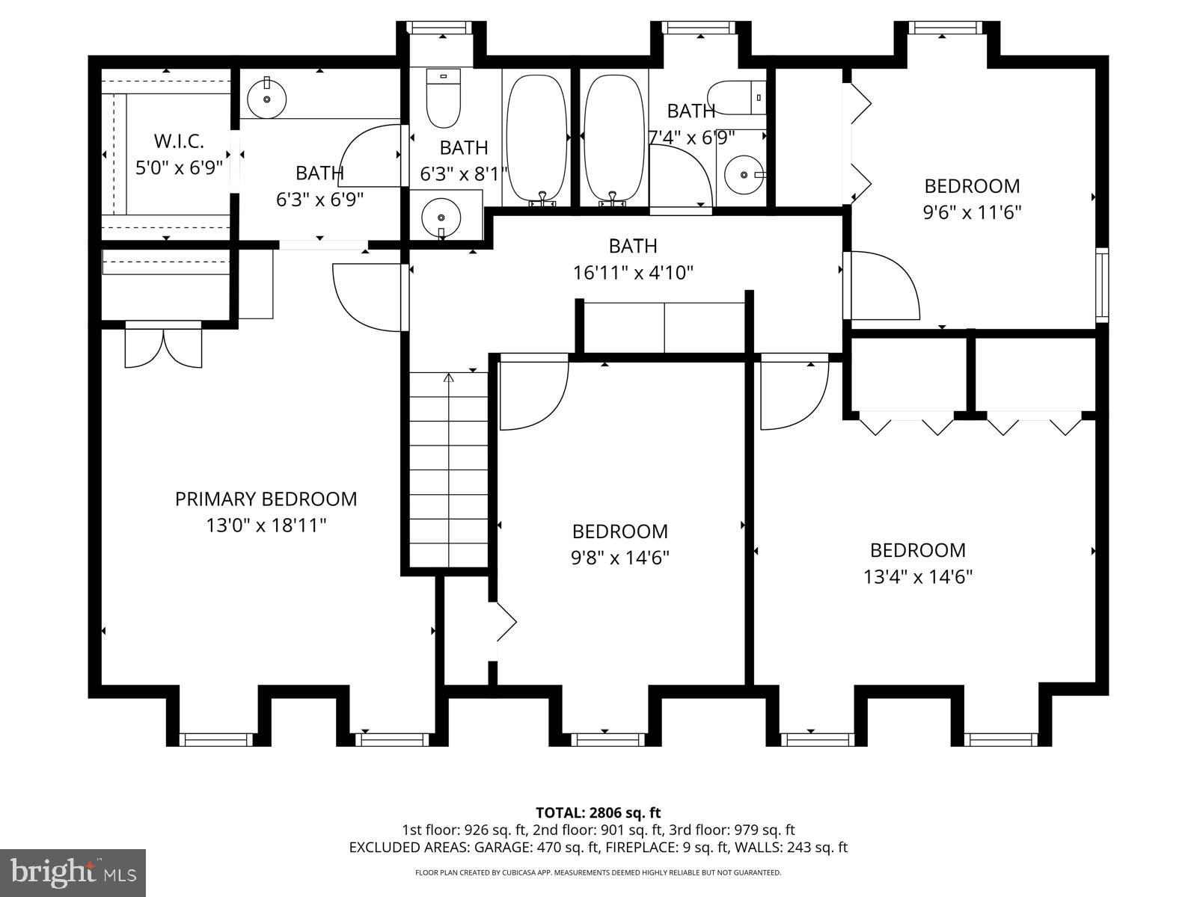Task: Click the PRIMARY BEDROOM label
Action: (266, 499)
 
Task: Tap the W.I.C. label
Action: (179, 141)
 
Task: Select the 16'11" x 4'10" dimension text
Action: (633, 272)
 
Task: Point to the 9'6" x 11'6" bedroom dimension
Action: (972, 212)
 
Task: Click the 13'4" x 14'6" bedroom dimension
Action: (918, 576)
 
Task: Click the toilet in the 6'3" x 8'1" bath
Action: (444, 98)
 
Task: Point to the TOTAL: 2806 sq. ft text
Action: (598, 813)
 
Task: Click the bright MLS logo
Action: (73, 873)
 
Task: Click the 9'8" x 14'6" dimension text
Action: (620, 558)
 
